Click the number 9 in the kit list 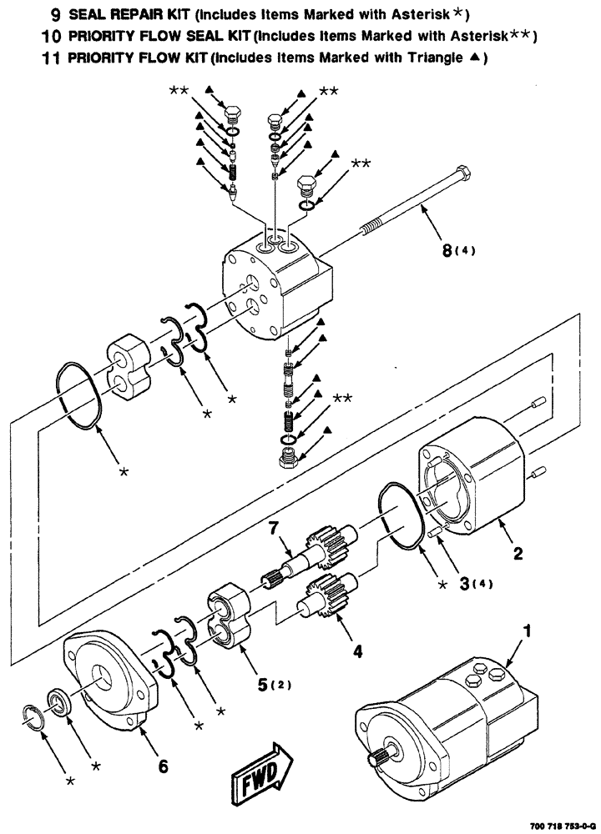(54, 15)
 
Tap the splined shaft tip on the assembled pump (378, 760)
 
